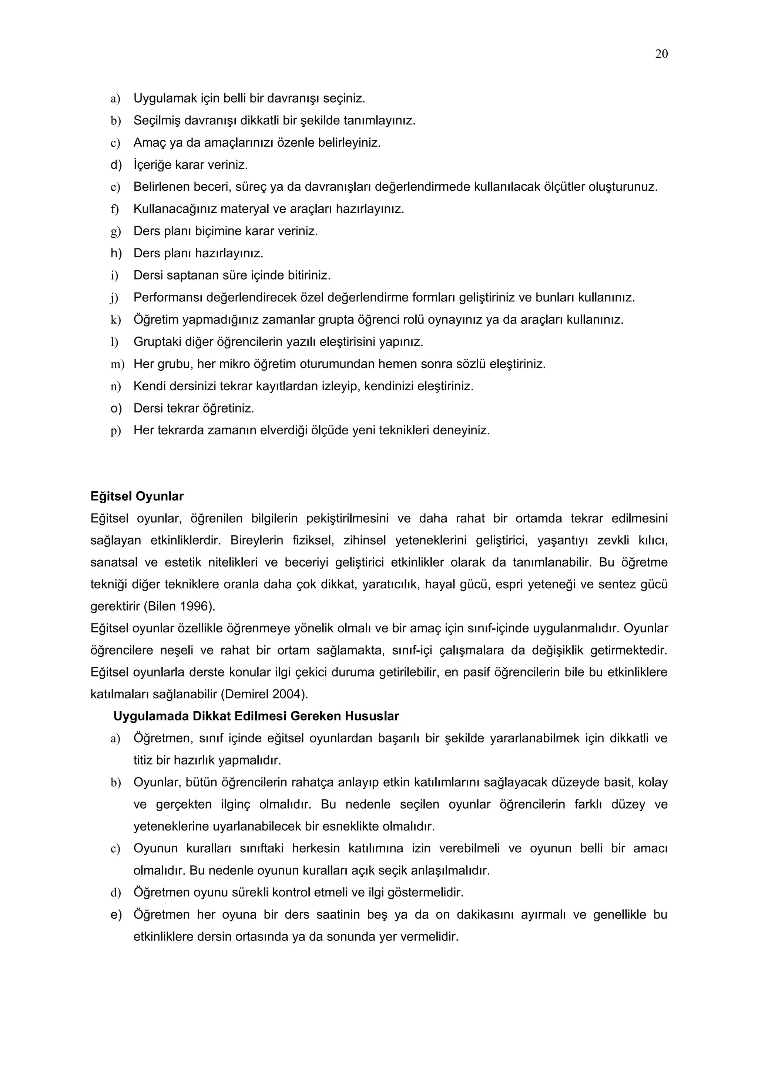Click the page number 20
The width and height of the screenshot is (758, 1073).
(x=661, y=54)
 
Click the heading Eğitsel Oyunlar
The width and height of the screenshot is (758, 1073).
(x=137, y=496)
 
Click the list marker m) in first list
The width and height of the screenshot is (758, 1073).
(x=117, y=365)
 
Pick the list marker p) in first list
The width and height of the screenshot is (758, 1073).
(x=115, y=431)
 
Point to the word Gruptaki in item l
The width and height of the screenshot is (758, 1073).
(x=156, y=342)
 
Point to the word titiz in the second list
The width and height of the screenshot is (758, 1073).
(x=143, y=761)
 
